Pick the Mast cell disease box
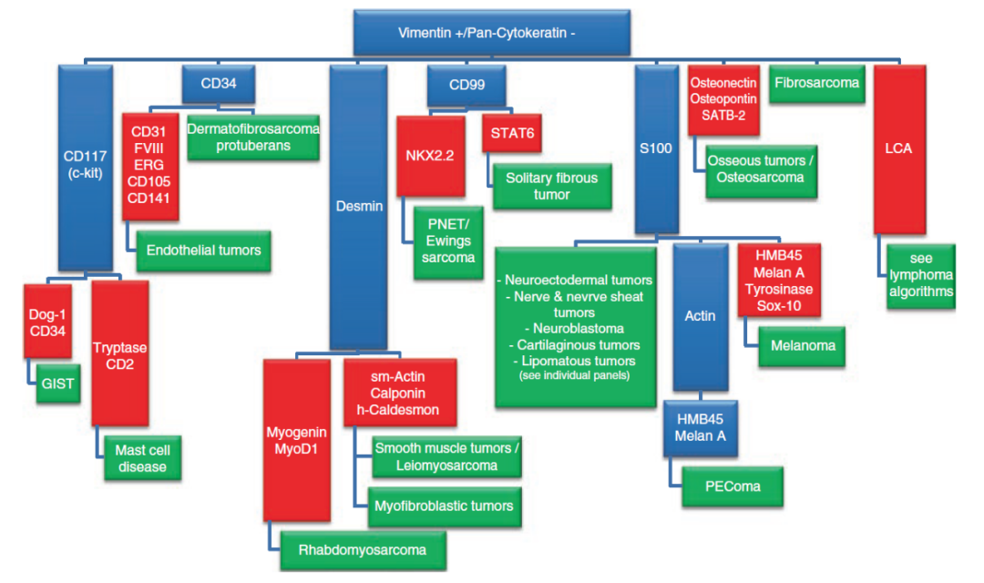142,457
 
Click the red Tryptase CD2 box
119,356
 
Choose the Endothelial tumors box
204,250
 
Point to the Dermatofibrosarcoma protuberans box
253,138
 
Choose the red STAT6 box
512,134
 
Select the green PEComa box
721,486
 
